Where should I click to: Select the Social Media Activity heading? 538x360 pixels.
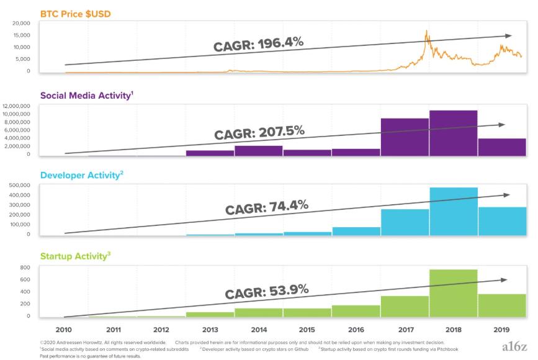[85, 96]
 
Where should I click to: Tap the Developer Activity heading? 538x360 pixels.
[80, 176]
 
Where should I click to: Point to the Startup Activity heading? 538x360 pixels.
[74, 256]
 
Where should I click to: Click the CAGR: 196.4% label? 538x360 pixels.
[258, 44]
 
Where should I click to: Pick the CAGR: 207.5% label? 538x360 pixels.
[259, 132]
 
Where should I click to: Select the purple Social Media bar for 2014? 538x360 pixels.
[259, 150]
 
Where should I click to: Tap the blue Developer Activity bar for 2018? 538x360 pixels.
[453, 211]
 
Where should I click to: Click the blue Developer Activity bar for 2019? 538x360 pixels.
[502, 221]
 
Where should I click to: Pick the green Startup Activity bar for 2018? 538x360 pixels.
[453, 292]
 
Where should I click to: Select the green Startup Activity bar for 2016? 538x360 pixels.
[356, 310]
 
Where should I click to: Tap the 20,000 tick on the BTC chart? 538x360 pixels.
[21, 23]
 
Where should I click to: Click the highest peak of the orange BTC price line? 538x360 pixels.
[426, 31]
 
